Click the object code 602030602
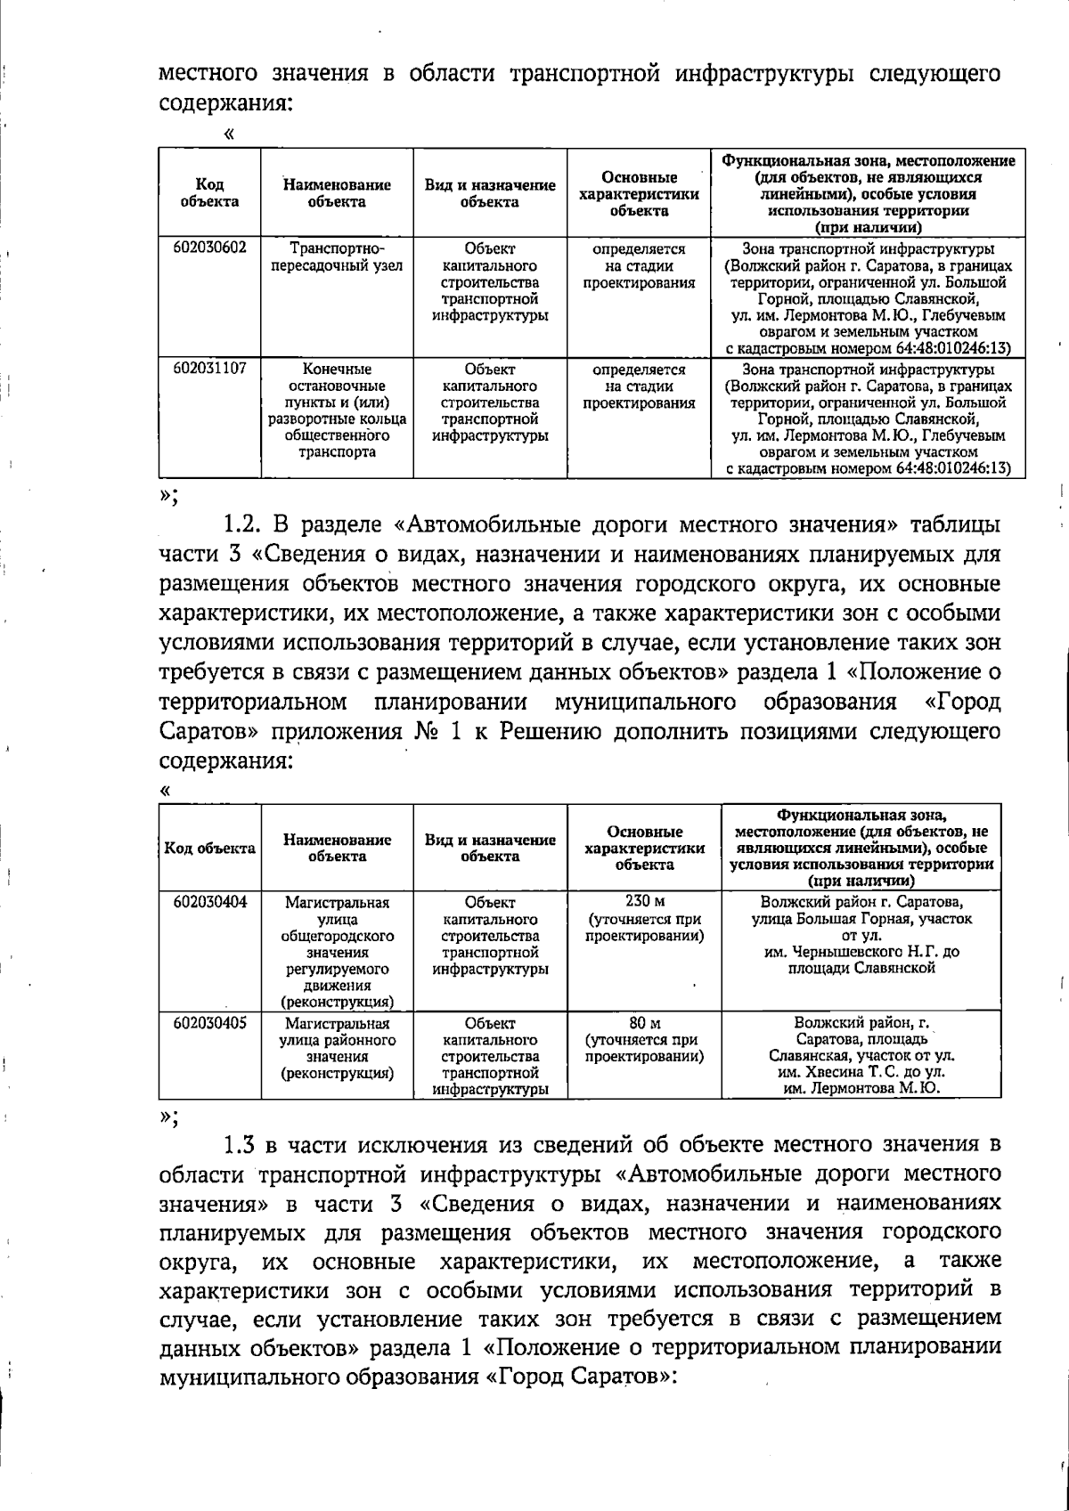(209, 249)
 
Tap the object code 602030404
(209, 901)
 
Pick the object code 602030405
(209, 1023)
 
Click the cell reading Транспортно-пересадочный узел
(337, 257)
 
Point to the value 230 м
(644, 901)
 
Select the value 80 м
(644, 1023)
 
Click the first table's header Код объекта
(209, 193)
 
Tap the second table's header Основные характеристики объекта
(644, 848)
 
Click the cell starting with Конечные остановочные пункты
(337, 410)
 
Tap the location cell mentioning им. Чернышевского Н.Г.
(861, 935)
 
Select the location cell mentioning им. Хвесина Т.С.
(861, 1056)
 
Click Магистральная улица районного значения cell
(337, 1048)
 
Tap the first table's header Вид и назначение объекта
(490, 193)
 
